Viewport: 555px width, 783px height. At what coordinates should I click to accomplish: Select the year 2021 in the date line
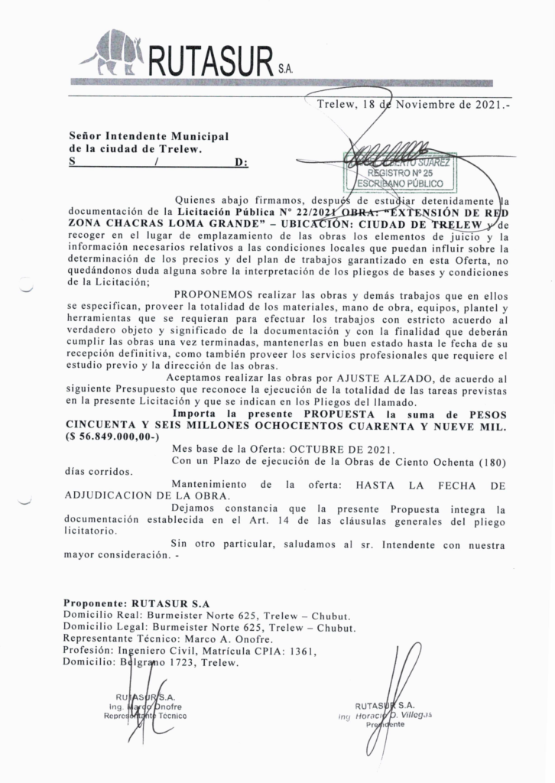479,105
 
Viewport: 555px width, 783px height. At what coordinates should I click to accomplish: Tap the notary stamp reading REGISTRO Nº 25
401,172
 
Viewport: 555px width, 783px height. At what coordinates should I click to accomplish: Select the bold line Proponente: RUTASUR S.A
136,603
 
